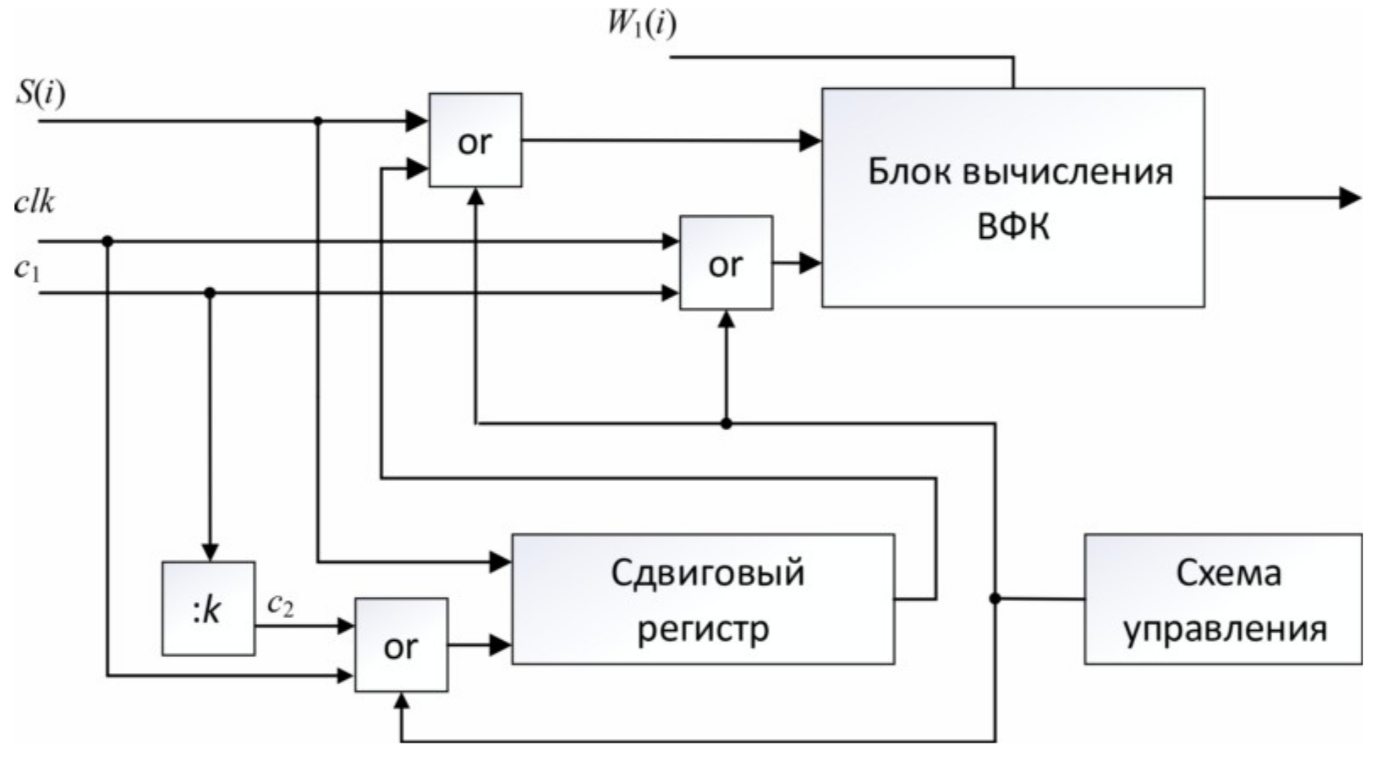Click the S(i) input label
(40, 92)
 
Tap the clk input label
(35, 202)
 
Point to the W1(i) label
(642, 24)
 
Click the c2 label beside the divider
(281, 605)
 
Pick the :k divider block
(208, 609)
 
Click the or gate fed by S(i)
(475, 141)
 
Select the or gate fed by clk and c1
(726, 263)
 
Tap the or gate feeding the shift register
(401, 646)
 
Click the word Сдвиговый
(707, 573)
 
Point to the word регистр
(703, 629)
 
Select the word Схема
(1228, 573)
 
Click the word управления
(1224, 630)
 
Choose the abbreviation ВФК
(1013, 227)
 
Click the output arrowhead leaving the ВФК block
(1350, 198)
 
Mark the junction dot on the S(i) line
(318, 121)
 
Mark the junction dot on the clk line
(107, 241)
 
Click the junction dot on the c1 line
(210, 293)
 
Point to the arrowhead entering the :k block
(210, 552)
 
